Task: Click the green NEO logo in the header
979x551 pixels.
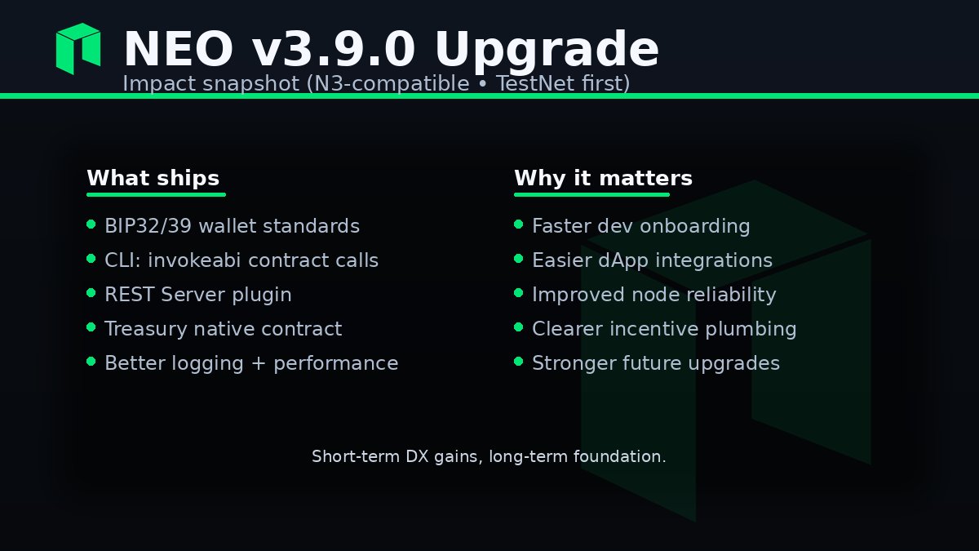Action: [78, 49]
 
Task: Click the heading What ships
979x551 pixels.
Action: [153, 179]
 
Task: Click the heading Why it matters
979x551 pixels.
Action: [603, 179]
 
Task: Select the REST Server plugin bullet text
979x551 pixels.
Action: [197, 295]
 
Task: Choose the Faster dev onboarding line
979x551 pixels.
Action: [640, 226]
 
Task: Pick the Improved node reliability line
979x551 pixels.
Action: [653, 295]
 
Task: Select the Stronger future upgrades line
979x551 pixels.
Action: [655, 363]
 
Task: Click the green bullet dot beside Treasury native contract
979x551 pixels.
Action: [91, 327]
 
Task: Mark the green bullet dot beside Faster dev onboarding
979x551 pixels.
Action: [518, 224]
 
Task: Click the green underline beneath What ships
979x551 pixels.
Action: [156, 195]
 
